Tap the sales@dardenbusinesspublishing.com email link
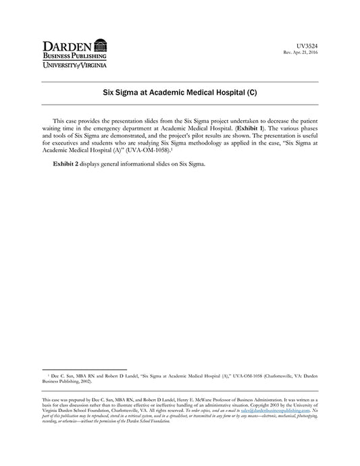(x=276, y=410)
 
